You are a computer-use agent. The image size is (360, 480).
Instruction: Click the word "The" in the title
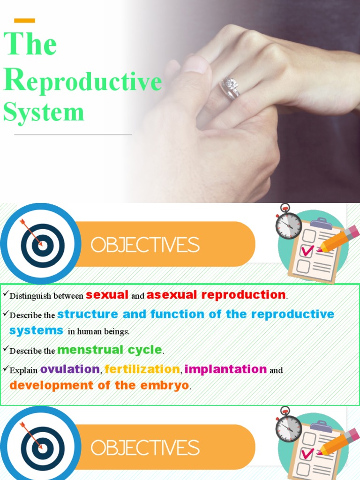30,44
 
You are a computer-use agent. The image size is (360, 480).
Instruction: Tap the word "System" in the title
44,112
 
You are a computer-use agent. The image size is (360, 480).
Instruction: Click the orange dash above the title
24,20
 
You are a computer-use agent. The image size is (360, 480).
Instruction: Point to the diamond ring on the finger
231,85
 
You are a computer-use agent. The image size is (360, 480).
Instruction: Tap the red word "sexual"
107,295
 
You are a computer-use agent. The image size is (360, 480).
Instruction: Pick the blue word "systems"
36,330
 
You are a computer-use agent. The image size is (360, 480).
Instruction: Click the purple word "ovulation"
70,369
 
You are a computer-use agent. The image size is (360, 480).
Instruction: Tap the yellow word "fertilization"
142,369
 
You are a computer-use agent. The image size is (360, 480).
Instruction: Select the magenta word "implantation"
225,369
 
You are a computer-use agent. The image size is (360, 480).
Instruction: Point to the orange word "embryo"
165,386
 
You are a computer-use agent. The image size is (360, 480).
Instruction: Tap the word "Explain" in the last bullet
23,370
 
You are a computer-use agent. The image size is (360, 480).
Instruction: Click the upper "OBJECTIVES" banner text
145,245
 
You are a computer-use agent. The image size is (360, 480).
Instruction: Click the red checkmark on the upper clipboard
307,250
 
